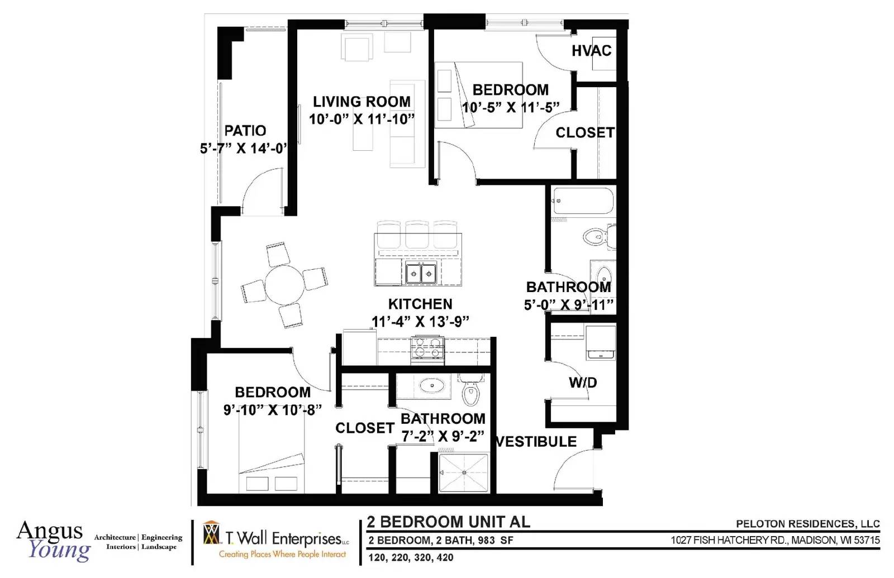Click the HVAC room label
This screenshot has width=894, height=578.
(592, 51)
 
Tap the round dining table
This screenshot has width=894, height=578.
(284, 284)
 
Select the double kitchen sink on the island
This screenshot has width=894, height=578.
(421, 274)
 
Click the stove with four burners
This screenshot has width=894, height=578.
(427, 350)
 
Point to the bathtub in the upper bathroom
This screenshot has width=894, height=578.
(583, 201)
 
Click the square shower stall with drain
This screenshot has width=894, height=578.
(464, 472)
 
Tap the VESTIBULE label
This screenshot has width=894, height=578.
(536, 442)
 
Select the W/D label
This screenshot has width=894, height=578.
(583, 383)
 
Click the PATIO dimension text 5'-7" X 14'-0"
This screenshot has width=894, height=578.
(244, 149)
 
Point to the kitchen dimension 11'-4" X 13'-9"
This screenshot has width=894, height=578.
(420, 321)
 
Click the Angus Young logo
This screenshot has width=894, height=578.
(53, 541)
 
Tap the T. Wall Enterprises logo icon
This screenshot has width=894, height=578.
(211, 533)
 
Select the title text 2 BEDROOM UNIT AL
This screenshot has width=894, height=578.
(448, 522)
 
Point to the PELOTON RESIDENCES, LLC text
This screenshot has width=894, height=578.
(808, 524)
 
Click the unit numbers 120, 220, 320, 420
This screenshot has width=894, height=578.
(411, 557)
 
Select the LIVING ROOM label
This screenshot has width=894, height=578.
(362, 102)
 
